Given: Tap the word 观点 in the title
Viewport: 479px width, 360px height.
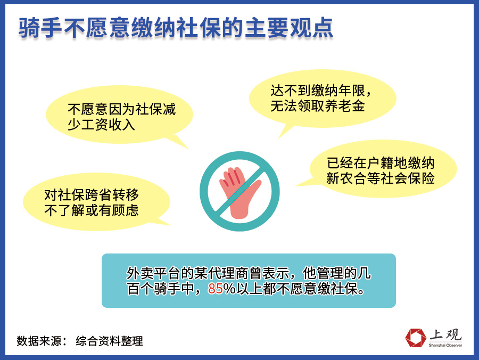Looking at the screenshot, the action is tap(311, 28).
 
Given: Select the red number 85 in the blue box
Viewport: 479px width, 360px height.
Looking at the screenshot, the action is tap(216, 289).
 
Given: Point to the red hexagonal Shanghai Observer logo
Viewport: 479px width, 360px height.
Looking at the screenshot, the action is tap(416, 338).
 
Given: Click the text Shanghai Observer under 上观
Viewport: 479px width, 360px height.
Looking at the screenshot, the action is tap(445, 345).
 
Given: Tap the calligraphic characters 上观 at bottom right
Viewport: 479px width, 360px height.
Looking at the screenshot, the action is tap(445, 335).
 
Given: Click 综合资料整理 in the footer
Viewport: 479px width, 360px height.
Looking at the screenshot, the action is tap(109, 341).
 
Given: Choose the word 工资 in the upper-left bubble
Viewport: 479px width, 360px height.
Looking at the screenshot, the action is tap(94, 125).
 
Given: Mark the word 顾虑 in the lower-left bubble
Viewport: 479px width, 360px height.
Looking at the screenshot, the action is tap(125, 210).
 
